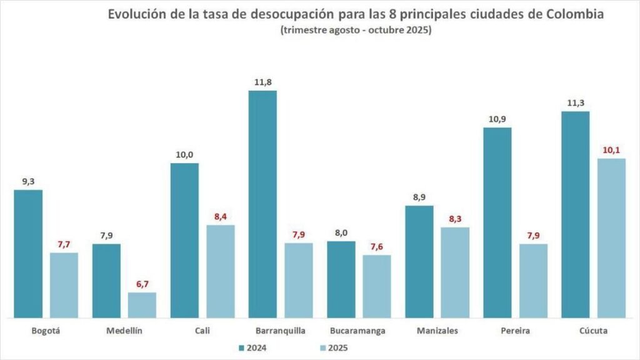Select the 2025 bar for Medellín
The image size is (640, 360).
coord(142,306)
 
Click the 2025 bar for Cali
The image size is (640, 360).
coord(221,271)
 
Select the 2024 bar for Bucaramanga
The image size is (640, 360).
coord(341,279)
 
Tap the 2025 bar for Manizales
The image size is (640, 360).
coord(455,272)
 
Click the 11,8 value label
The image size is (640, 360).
coord(262,81)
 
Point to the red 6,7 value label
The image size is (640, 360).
coord(142,284)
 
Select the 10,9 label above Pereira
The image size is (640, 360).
coord(497,119)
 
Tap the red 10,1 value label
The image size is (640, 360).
coord(611,149)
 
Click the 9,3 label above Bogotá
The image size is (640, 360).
coord(28,181)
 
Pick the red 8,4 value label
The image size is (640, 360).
coord(221,216)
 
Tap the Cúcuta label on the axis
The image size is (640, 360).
coord(593,331)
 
